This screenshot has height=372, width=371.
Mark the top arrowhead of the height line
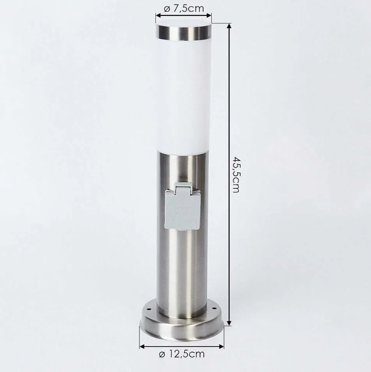coord(229,26)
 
